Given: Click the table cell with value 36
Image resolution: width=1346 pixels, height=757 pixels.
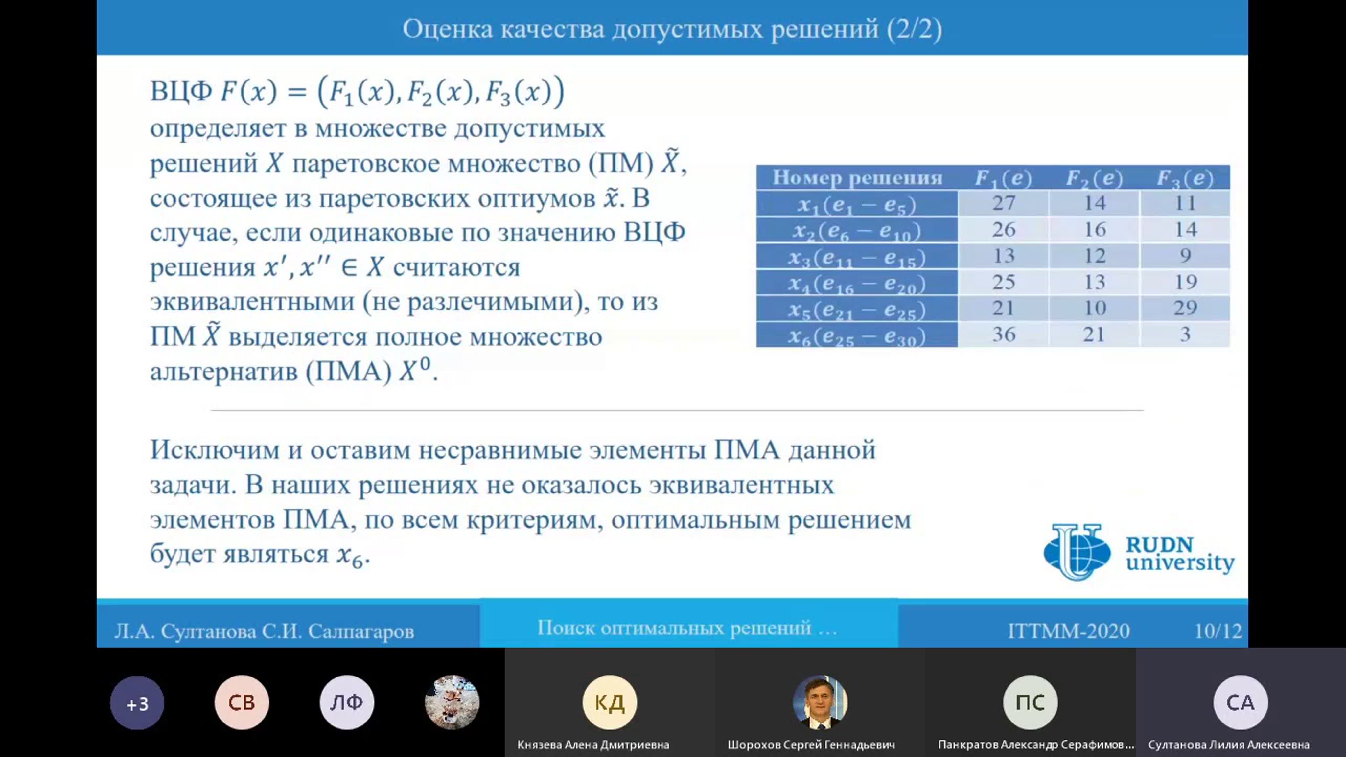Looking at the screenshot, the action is (1003, 334).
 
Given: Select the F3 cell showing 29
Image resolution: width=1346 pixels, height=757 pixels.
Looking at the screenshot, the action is (1185, 308).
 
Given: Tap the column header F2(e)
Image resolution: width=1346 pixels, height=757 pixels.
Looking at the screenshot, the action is (1094, 178).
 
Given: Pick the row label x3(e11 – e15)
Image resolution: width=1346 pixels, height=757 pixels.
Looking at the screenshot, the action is (857, 257).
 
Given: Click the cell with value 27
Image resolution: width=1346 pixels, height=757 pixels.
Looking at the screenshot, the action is (1003, 203).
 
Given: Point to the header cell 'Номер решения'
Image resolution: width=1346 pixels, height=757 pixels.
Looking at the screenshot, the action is (857, 178).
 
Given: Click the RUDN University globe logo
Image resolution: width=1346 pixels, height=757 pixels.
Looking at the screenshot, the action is (1077, 552).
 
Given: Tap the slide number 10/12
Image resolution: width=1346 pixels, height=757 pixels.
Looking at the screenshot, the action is (1218, 631).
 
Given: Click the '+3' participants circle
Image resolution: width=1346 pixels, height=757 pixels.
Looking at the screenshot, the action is (137, 703).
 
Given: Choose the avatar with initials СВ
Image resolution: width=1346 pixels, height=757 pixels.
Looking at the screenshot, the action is (242, 703).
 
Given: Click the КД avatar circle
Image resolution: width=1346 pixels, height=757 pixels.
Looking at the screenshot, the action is (610, 703).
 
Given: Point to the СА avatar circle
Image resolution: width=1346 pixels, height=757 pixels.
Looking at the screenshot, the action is (1241, 703).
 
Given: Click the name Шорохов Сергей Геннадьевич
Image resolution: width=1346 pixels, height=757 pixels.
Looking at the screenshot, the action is (811, 745).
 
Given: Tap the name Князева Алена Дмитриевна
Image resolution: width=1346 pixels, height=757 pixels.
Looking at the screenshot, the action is (593, 745).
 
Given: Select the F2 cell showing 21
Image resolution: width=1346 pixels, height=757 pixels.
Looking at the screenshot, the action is (1094, 334).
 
